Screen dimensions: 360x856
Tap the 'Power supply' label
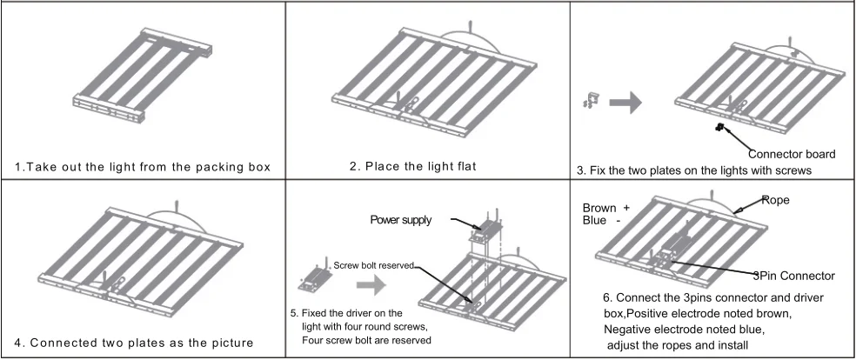pyautogui.click(x=400, y=220)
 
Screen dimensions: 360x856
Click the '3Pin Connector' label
pyautogui.click(x=793, y=276)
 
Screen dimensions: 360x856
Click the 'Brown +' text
pyautogui.click(x=605, y=208)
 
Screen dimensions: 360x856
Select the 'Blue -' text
pyautogui.click(x=600, y=221)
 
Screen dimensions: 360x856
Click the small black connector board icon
pyautogui.click(x=720, y=129)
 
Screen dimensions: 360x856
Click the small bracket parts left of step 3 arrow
pyautogui.click(x=588, y=103)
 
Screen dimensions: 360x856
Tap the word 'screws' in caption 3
pyautogui.click(x=791, y=171)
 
